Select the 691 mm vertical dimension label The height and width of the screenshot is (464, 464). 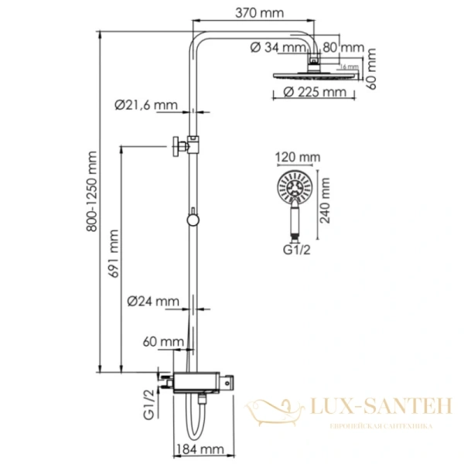[115, 254]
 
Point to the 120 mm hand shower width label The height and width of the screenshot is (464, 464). [298, 159]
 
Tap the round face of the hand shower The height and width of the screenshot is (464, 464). [294, 188]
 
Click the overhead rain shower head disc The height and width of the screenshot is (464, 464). [316, 73]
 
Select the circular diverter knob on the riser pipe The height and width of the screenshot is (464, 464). [193, 220]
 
